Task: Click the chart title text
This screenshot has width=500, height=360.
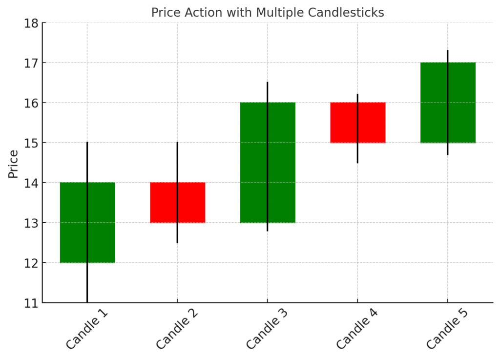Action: [267, 13]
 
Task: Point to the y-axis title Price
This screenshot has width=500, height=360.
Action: [13, 164]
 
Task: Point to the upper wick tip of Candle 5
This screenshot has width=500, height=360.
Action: [447, 50]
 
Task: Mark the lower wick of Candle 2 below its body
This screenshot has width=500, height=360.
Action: [177, 233]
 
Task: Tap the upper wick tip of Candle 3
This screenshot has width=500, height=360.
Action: [267, 83]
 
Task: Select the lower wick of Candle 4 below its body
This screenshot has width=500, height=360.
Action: [357, 153]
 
